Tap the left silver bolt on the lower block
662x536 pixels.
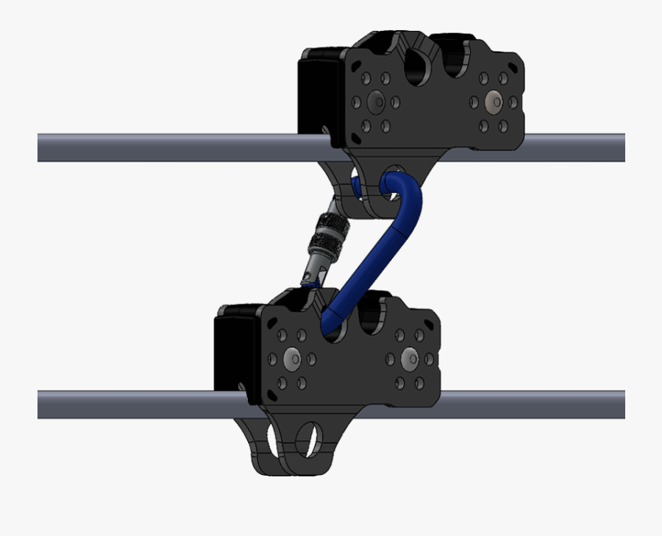(292, 359)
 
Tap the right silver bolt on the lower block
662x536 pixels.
(408, 359)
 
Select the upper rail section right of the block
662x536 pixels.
(574, 147)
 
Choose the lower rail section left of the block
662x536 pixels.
(125, 404)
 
